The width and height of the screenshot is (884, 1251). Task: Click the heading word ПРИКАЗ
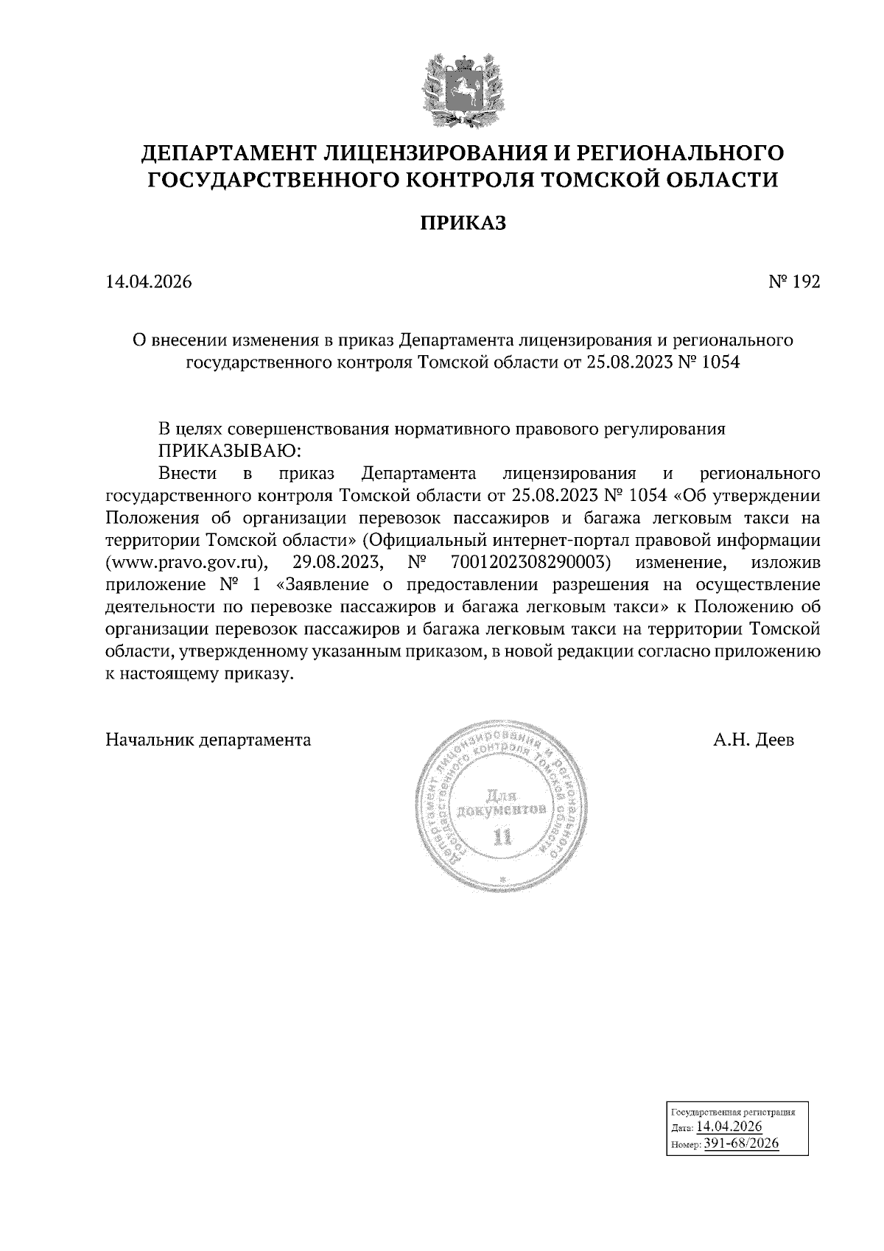(x=463, y=223)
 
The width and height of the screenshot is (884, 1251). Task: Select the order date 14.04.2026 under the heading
(x=150, y=282)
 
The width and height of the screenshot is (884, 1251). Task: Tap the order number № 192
(x=794, y=282)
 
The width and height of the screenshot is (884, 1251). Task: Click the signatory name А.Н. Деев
(x=754, y=740)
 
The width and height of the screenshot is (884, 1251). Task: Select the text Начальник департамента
(x=208, y=740)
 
